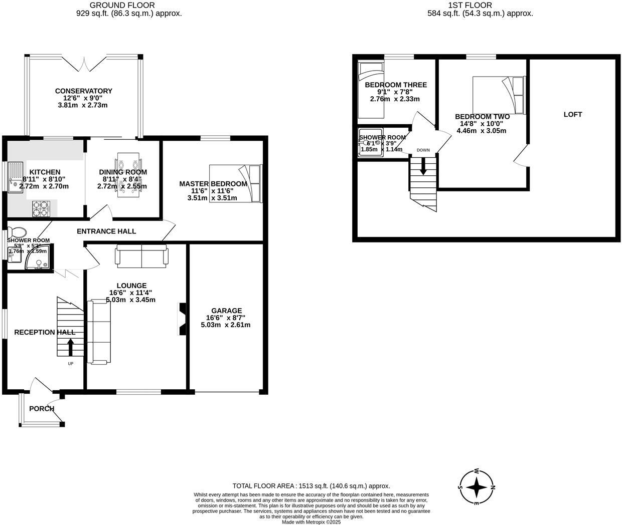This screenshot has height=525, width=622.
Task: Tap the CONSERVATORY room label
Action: (83, 91)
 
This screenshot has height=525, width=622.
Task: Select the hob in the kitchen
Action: (42, 209)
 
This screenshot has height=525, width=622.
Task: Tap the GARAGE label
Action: (226, 311)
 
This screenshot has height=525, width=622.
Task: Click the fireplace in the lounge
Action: (182, 319)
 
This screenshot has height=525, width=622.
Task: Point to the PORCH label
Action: (42, 409)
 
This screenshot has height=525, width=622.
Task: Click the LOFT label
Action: (572, 114)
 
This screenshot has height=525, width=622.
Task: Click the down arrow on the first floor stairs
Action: (423, 166)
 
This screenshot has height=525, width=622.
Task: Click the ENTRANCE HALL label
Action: (106, 231)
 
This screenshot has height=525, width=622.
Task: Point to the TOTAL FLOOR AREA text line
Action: (311, 486)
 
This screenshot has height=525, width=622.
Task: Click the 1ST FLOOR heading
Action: (480, 5)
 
